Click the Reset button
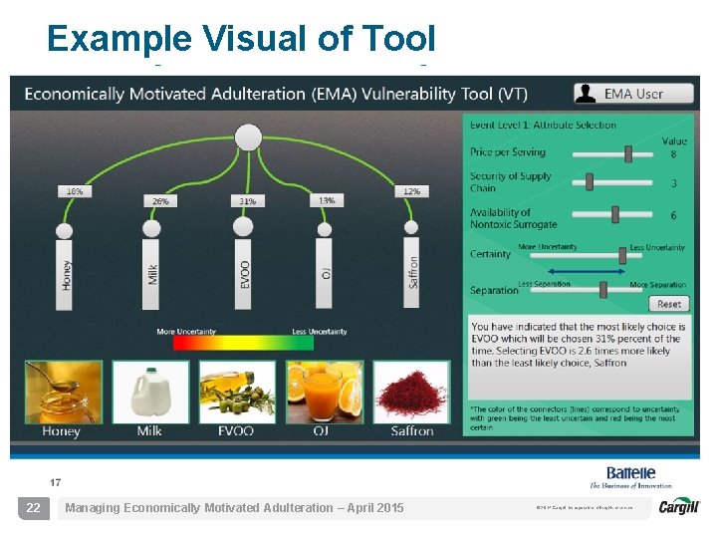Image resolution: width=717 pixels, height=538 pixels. (x=669, y=304)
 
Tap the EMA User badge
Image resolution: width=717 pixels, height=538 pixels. (x=633, y=94)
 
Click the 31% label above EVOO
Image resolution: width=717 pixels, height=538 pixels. (x=248, y=200)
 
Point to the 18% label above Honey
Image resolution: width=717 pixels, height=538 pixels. (x=74, y=190)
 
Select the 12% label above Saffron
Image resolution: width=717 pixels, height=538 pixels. (x=412, y=190)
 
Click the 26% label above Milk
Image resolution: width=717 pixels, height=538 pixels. (x=160, y=200)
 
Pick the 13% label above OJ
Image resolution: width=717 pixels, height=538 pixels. (x=326, y=200)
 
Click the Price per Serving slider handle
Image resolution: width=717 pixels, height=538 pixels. (x=629, y=153)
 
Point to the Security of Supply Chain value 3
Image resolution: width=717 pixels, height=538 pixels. (x=674, y=183)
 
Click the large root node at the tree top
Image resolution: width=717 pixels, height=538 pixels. (x=248, y=137)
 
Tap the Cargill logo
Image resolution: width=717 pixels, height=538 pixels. (x=679, y=507)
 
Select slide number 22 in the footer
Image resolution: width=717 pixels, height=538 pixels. (x=34, y=508)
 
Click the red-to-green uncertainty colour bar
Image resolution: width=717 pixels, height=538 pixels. (x=243, y=343)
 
